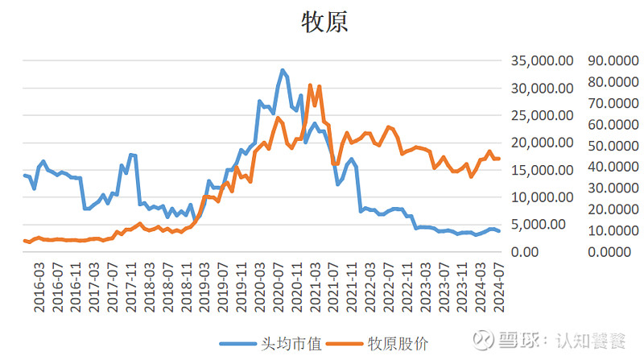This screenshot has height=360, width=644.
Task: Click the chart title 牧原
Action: [324, 22]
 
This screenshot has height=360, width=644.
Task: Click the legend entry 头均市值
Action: [291, 344]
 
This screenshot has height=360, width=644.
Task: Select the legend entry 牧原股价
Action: [398, 344]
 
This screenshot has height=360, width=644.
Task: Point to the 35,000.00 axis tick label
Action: [542, 61]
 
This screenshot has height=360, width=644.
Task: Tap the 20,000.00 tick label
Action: [542, 143]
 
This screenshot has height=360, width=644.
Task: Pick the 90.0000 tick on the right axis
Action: [613, 61]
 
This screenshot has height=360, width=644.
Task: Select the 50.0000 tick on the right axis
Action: [613, 146]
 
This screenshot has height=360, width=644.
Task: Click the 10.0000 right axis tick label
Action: [613, 230]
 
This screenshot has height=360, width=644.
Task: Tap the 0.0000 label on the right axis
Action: [609, 252]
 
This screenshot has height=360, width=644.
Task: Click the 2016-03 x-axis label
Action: [39, 288]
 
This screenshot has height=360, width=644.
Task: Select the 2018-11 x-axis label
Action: [186, 288]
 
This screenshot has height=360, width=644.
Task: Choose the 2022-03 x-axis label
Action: [370, 288]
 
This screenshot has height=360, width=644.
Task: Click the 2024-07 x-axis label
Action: [498, 288]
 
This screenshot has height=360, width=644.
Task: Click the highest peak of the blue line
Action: [283, 70]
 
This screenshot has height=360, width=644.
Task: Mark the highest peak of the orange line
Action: [310, 85]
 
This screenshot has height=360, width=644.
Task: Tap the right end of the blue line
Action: [498, 231]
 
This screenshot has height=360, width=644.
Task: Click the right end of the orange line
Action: [498, 159]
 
